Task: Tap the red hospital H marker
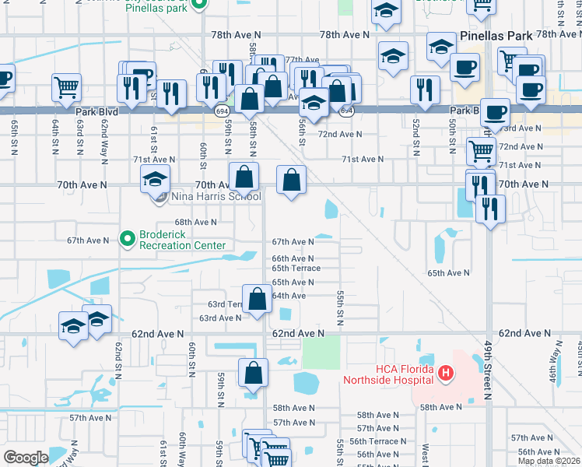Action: point(445,374)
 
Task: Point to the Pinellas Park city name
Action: point(496,36)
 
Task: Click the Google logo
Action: point(26,458)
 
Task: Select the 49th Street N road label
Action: point(487,374)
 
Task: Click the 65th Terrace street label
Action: point(296,269)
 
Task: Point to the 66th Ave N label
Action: point(292,258)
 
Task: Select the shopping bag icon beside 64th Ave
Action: point(257,299)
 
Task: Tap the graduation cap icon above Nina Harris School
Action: point(155,180)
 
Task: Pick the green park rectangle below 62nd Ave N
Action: point(321,353)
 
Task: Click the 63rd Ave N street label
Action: point(220,318)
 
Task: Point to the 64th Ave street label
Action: point(289,297)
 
